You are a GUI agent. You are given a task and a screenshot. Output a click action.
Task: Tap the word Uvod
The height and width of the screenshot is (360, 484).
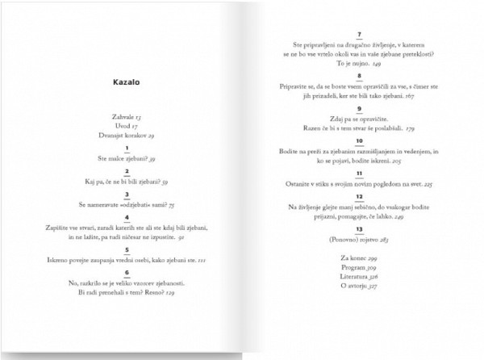(x=112, y=128)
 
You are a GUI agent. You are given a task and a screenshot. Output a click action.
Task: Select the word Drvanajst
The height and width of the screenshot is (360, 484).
(x=103, y=136)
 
